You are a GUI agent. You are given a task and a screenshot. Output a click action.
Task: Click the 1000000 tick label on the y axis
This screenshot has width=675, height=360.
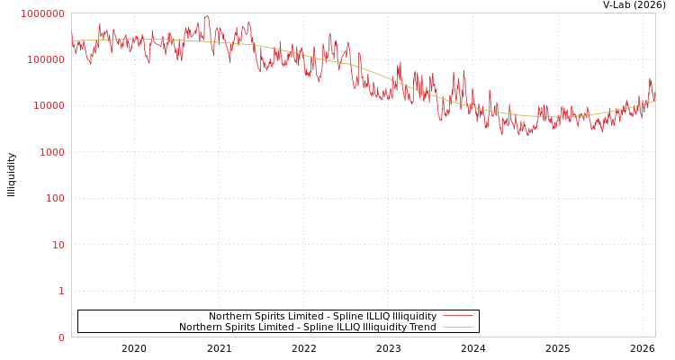[42, 13]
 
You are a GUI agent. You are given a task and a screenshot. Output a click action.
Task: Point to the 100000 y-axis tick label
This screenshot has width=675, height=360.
[45, 59]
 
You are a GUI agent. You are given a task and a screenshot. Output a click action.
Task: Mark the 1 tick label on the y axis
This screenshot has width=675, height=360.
[61, 291]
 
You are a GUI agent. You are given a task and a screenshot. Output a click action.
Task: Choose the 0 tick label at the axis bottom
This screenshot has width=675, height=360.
[61, 337]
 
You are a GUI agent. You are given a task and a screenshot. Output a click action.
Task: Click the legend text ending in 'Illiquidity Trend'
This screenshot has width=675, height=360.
[307, 327]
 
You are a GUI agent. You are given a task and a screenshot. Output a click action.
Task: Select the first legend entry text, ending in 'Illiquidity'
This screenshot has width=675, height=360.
[322, 316]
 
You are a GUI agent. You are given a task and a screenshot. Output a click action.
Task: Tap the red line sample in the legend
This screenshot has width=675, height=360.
[458, 316]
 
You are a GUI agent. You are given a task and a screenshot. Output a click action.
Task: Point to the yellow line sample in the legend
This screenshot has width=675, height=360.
[458, 327]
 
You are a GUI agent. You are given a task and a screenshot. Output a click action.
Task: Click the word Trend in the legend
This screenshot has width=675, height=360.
[422, 327]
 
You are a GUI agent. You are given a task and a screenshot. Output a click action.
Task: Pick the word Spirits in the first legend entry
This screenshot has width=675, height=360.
[269, 316]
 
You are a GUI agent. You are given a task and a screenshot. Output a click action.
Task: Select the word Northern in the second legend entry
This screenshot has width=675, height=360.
[201, 327]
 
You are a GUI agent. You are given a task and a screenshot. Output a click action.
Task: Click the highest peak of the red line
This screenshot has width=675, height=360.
[207, 15]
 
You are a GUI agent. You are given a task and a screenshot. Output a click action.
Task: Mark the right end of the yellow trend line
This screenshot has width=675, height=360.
[654, 101]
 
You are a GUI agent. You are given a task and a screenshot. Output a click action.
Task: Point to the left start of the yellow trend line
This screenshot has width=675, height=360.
[73, 41]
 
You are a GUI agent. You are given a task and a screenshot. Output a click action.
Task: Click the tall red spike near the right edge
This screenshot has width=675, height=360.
[650, 79]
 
